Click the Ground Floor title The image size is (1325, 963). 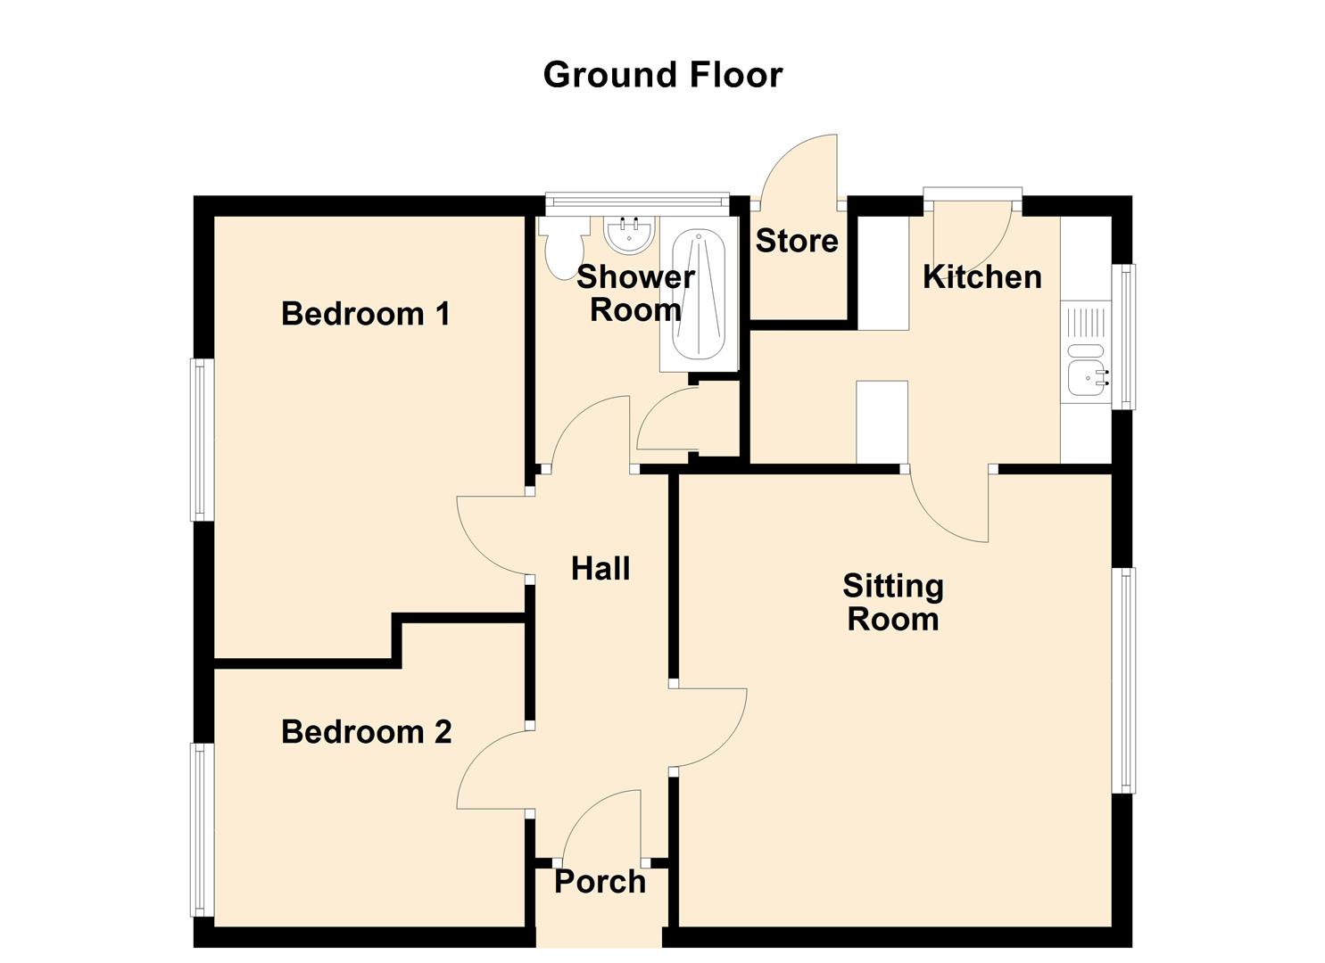click(x=662, y=75)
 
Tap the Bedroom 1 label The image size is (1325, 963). click(x=366, y=313)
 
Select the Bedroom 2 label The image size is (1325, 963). click(x=367, y=732)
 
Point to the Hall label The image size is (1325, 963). click(x=600, y=569)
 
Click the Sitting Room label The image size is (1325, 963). click(x=893, y=603)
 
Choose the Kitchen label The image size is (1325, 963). click(x=981, y=276)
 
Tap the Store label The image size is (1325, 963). click(x=797, y=241)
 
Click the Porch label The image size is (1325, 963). click(x=600, y=882)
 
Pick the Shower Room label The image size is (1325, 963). click(x=636, y=294)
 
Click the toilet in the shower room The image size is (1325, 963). click(x=562, y=248)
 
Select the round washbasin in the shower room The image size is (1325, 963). click(x=629, y=235)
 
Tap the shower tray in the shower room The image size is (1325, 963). click(x=700, y=294)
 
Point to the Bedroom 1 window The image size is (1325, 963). click(x=202, y=440)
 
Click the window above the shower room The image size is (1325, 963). click(x=636, y=201)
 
